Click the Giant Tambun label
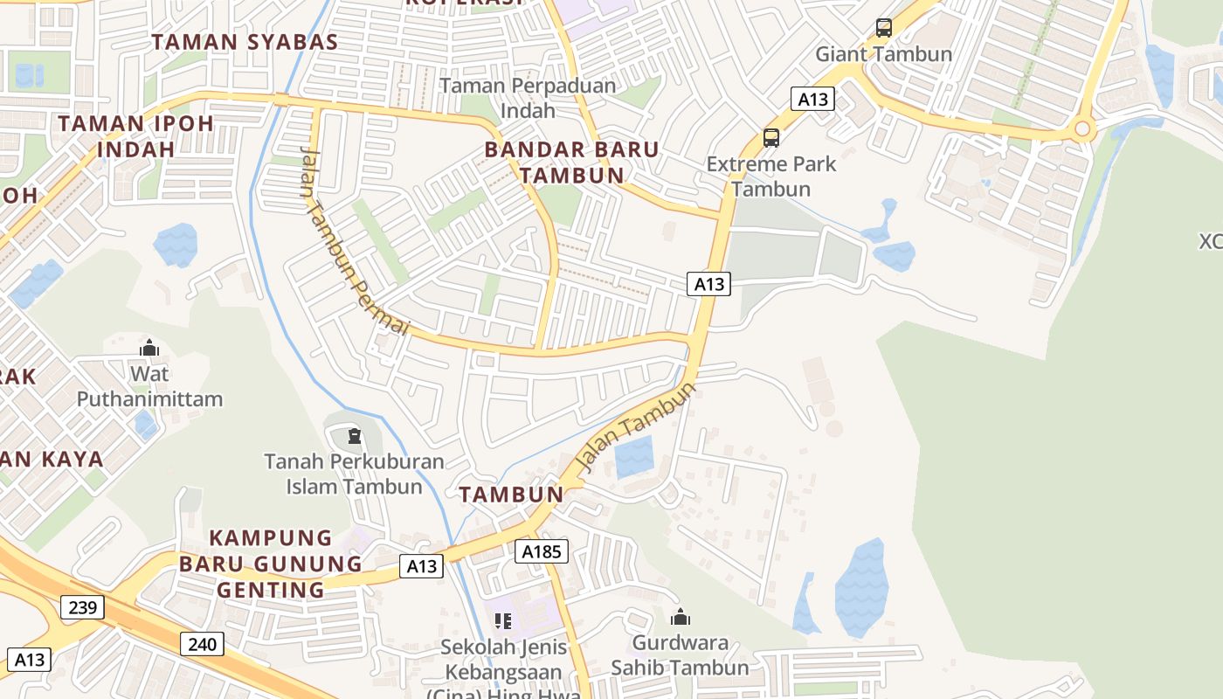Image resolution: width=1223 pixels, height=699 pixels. [x=883, y=54]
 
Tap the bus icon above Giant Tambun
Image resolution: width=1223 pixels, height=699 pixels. [x=884, y=28]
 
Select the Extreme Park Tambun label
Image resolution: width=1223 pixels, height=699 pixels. [x=771, y=176]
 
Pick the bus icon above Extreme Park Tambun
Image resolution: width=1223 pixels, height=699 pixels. [x=771, y=137]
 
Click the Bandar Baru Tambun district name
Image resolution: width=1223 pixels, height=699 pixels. [x=572, y=162]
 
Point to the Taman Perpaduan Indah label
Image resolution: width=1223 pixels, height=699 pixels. [x=528, y=98]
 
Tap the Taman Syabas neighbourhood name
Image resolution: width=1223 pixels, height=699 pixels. [x=245, y=42]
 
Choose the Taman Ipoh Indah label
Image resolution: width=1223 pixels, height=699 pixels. [x=135, y=135]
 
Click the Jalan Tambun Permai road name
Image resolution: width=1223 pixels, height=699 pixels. [x=353, y=240]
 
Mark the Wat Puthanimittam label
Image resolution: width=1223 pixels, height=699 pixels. [x=149, y=386]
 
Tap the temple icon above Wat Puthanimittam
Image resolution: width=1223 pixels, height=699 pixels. [x=149, y=348]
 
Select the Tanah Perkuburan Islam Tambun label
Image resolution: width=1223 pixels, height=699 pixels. [x=354, y=473]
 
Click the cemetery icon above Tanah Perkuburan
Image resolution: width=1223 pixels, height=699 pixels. [x=355, y=435]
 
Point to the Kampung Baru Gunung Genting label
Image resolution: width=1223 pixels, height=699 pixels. [x=271, y=564]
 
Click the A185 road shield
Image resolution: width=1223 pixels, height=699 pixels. [x=542, y=551]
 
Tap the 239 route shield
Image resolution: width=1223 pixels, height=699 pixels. [x=82, y=606]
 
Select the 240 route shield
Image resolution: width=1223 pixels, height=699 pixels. [x=203, y=645]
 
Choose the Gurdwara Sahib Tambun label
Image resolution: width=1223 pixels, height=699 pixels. [x=680, y=655]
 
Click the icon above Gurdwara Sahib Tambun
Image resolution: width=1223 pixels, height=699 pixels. [x=681, y=618]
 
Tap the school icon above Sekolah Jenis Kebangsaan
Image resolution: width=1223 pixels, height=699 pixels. [x=503, y=621]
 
